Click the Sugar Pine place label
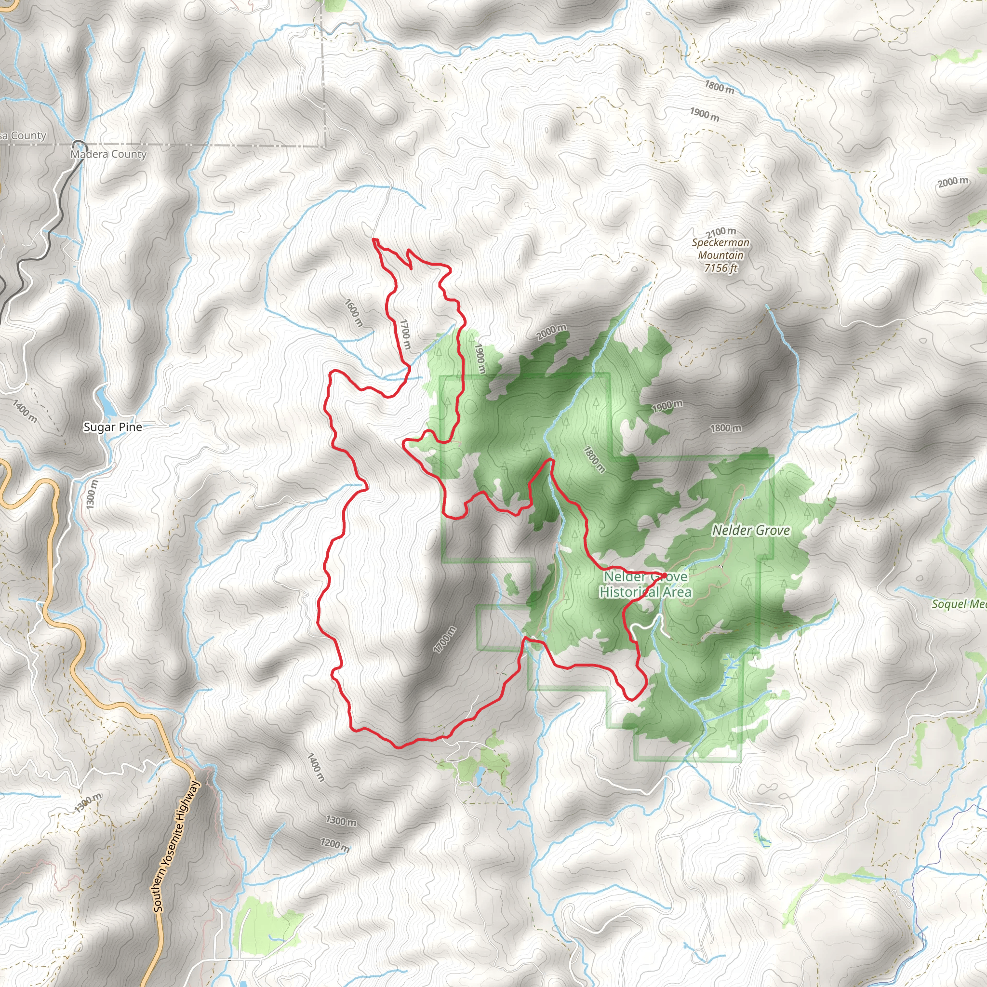tap(112, 427)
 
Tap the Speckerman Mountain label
tap(721, 249)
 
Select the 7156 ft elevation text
tap(721, 267)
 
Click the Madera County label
tap(108, 154)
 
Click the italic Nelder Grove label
tap(751, 530)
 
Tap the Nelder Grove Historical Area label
tap(645, 585)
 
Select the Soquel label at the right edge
tap(959, 604)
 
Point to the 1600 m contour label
tap(354, 313)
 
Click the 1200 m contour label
tap(335, 845)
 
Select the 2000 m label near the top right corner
tap(953, 182)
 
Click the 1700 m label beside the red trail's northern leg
tap(405, 334)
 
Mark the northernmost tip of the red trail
tap(374, 239)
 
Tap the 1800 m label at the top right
tap(720, 87)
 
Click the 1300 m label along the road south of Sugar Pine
tap(91, 494)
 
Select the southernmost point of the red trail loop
tap(399, 747)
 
